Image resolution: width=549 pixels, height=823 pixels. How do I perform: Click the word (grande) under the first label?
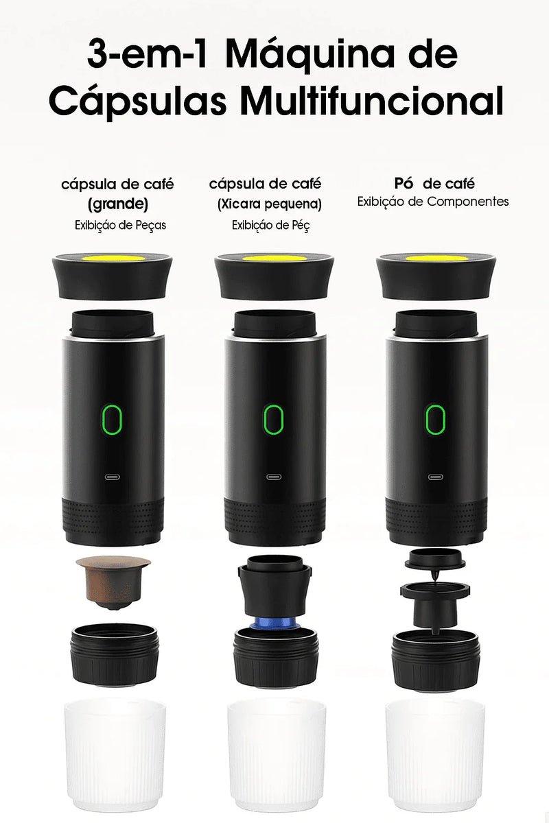pyautogui.click(x=118, y=204)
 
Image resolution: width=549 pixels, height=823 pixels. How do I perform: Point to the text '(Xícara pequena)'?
pyautogui.click(x=270, y=204)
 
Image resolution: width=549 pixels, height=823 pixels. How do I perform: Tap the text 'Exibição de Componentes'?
pyautogui.click(x=433, y=202)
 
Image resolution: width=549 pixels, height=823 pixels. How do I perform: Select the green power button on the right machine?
pyautogui.click(x=434, y=420)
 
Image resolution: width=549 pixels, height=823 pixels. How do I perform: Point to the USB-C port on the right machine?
pyautogui.click(x=434, y=477)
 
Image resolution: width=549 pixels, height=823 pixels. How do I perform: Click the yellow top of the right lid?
pyautogui.click(x=436, y=259)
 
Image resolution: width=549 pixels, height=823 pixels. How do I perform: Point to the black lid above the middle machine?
pyautogui.click(x=274, y=278)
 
